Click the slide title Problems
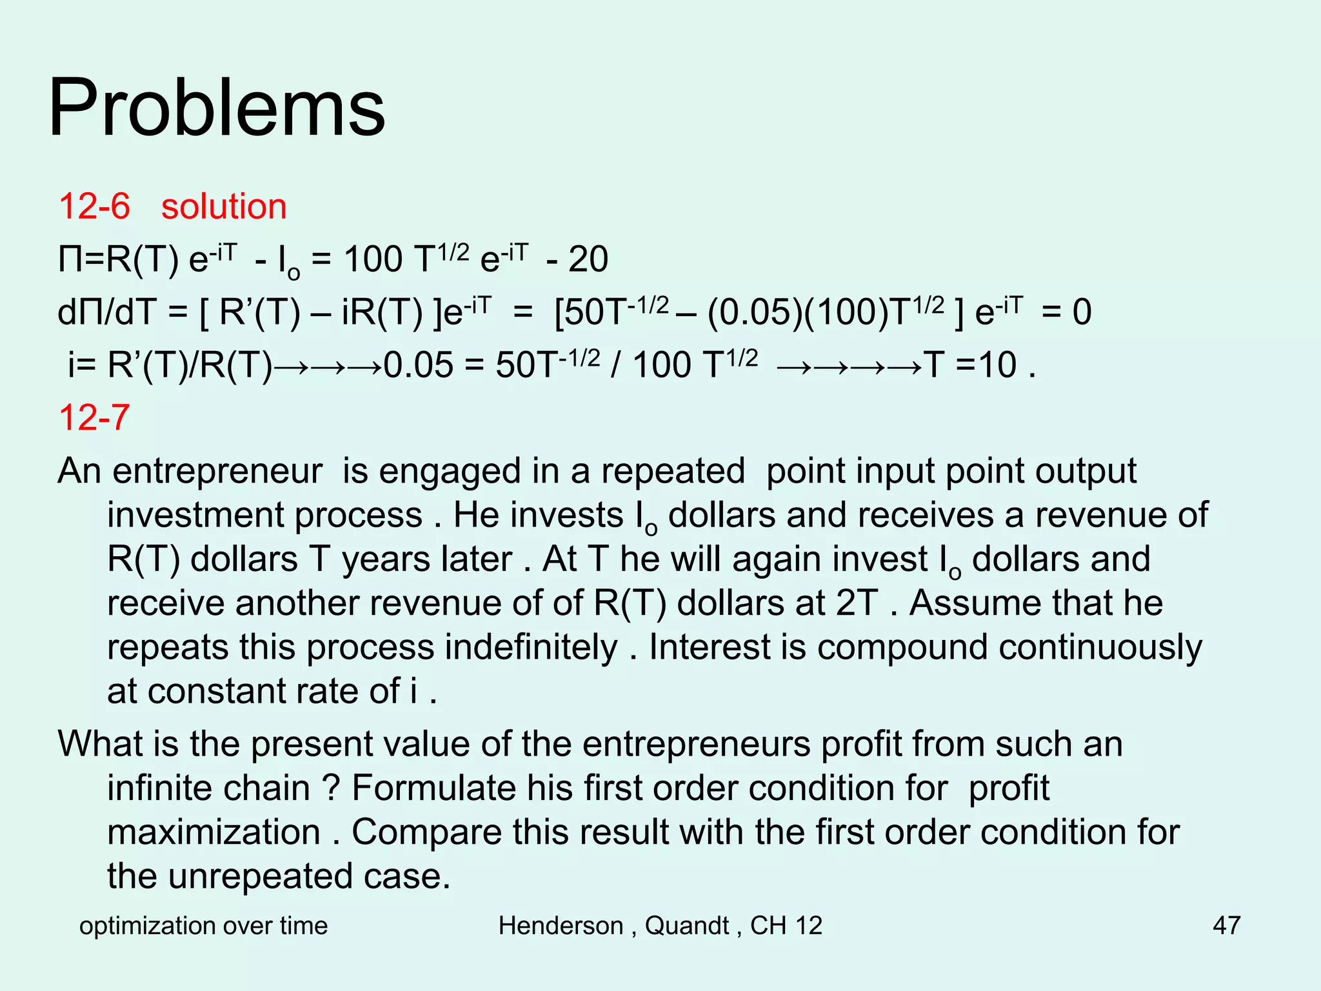click(x=217, y=108)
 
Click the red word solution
click(x=223, y=207)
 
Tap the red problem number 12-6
click(x=94, y=207)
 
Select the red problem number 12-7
click(x=94, y=417)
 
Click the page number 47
click(x=1226, y=925)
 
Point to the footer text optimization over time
click(x=203, y=925)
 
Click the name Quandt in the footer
click(x=686, y=925)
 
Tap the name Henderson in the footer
click(x=561, y=925)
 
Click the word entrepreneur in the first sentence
click(x=217, y=472)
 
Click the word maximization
click(x=214, y=832)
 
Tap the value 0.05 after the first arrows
click(x=419, y=365)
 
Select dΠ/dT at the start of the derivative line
click(x=107, y=313)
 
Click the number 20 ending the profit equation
click(x=588, y=260)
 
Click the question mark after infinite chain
click(x=331, y=788)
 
